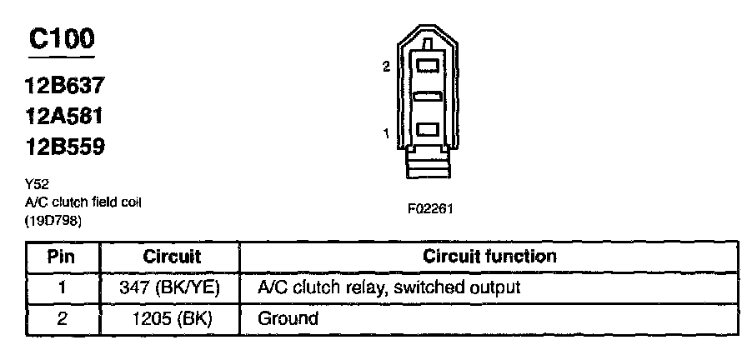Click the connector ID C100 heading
pyautogui.click(x=62, y=39)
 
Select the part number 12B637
pyautogui.click(x=64, y=86)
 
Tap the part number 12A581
pyautogui.click(x=64, y=117)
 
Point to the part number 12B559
pyautogui.click(x=64, y=147)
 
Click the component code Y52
pyautogui.click(x=37, y=184)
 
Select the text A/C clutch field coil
pyautogui.click(x=83, y=202)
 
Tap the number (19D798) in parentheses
pyautogui.click(x=53, y=222)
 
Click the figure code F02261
pyautogui.click(x=430, y=209)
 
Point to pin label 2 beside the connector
pyautogui.click(x=387, y=67)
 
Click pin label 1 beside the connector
pyautogui.click(x=387, y=134)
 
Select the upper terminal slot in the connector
pyautogui.click(x=428, y=65)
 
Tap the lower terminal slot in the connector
pyautogui.click(x=428, y=129)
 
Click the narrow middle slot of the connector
pyautogui.click(x=428, y=97)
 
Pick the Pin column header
pyautogui.click(x=62, y=257)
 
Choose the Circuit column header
pyautogui.click(x=172, y=257)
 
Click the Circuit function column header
pyautogui.click(x=489, y=256)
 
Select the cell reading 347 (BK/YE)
pyautogui.click(x=169, y=287)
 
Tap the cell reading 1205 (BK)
pyautogui.click(x=173, y=319)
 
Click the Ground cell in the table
pyautogui.click(x=288, y=319)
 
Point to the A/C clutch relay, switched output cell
pyautogui.click(x=389, y=287)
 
